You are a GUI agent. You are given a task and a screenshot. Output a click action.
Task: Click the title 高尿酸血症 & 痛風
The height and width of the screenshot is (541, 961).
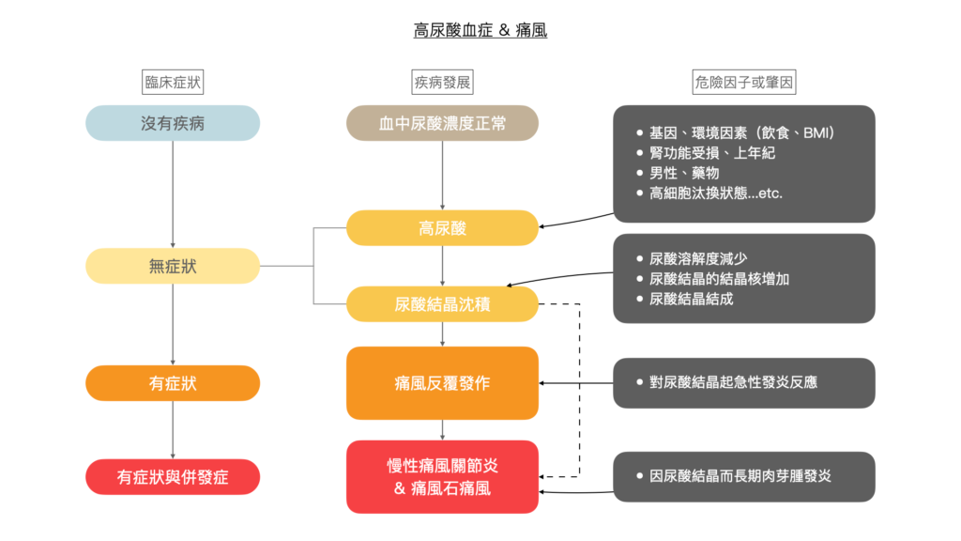pyautogui.click(x=480, y=31)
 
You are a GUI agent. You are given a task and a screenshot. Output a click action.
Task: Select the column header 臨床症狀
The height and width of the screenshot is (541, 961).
pyautogui.click(x=173, y=83)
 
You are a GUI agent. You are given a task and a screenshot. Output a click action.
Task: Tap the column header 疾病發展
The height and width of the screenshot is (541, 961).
pyautogui.click(x=442, y=83)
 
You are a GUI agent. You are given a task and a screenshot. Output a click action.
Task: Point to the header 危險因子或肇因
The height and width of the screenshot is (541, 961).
pyautogui.click(x=744, y=83)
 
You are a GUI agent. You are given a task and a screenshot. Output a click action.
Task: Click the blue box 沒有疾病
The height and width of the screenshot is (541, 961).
pyautogui.click(x=173, y=123)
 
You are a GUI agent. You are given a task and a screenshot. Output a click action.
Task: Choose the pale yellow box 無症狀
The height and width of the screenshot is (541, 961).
pyautogui.click(x=173, y=266)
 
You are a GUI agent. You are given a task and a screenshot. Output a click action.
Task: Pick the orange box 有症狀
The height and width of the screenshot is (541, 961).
pyautogui.click(x=173, y=383)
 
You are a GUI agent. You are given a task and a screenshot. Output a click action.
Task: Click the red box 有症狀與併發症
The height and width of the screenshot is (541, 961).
pyautogui.click(x=173, y=476)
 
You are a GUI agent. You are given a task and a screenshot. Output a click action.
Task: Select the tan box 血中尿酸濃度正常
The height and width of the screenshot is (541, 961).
pyautogui.click(x=442, y=123)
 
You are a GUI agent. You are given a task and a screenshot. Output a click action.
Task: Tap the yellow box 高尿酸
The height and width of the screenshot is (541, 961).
pyautogui.click(x=442, y=228)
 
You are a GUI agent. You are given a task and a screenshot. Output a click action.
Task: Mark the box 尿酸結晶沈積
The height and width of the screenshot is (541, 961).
pyautogui.click(x=442, y=304)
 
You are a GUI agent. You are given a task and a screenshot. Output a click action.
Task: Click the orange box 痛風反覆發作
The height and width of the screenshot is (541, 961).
pyautogui.click(x=442, y=383)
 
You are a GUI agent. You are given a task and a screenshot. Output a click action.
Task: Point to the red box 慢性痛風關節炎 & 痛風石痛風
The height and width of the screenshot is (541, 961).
pyautogui.click(x=442, y=476)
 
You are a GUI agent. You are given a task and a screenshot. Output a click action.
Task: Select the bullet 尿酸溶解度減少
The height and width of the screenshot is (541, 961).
pyautogui.click(x=697, y=258)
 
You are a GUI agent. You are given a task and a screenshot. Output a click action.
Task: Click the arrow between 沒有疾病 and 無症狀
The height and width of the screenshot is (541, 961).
pyautogui.click(x=173, y=193)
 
